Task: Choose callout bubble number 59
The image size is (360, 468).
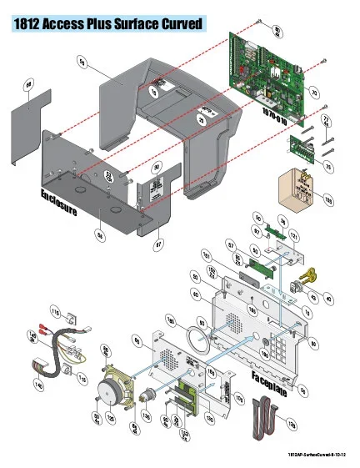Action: coord(81,60)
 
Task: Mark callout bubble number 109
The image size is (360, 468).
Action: coord(327,200)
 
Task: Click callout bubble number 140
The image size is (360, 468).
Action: coord(37,385)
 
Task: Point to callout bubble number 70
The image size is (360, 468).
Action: coord(313,91)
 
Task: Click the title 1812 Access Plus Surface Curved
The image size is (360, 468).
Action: coord(108,26)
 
